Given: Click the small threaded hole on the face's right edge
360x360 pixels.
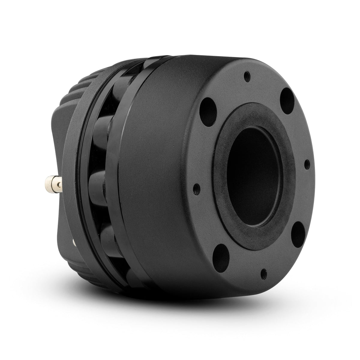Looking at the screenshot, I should [x=307, y=164].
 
